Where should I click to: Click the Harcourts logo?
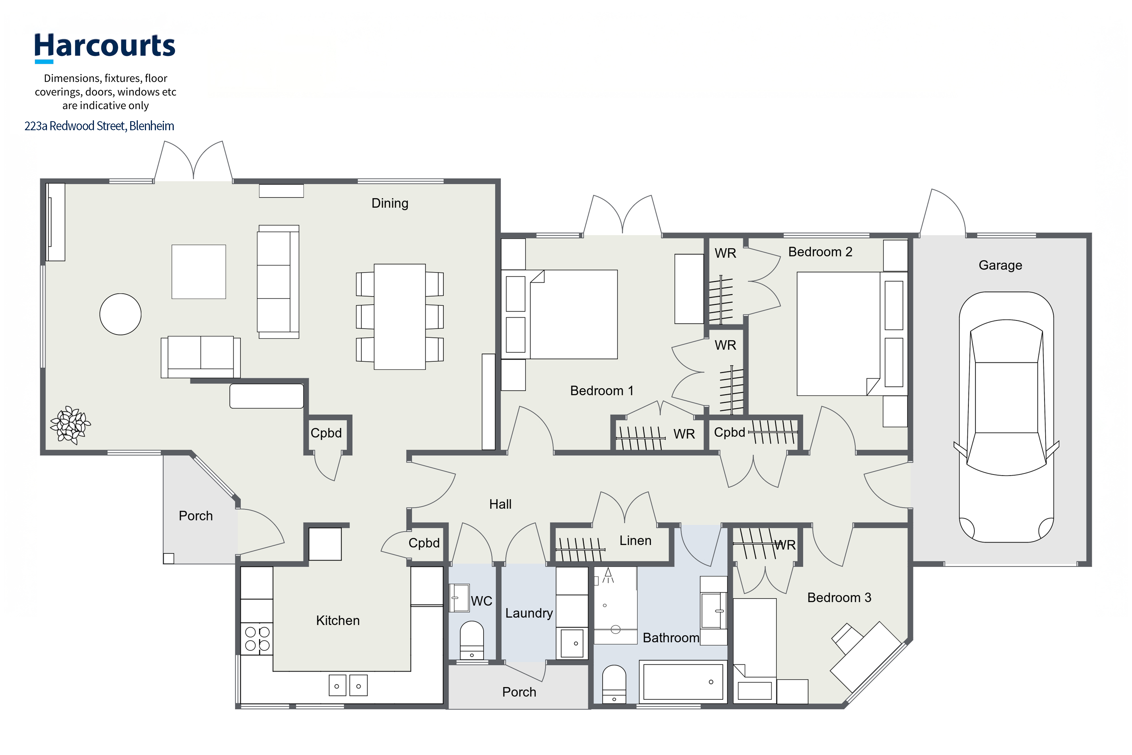[104, 47]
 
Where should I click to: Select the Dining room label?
[390, 203]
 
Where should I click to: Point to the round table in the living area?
[120, 314]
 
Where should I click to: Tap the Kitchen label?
[338, 620]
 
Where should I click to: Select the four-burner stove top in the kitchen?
[257, 639]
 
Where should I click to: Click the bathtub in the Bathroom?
[683, 682]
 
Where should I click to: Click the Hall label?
[501, 504]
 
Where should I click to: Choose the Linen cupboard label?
[635, 541]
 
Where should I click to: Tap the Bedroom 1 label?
[602, 390]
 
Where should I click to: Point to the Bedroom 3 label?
[839, 598]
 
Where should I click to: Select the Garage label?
[1001, 265]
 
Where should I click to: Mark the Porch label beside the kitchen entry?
[196, 516]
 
